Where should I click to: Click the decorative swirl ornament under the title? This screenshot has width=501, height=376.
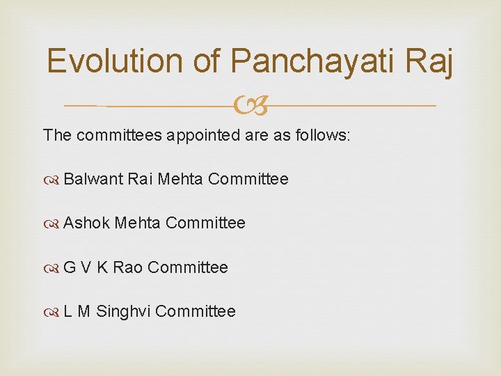250,106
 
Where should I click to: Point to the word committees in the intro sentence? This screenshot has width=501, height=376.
119,134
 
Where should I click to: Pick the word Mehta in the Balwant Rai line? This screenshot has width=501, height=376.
180,179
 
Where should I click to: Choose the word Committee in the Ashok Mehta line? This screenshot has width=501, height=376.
206,223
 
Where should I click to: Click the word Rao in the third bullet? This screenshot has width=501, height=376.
127,267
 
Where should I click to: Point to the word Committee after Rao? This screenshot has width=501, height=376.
188,267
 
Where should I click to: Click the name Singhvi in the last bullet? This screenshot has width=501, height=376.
123,311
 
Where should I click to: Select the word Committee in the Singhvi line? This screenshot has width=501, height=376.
196,311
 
